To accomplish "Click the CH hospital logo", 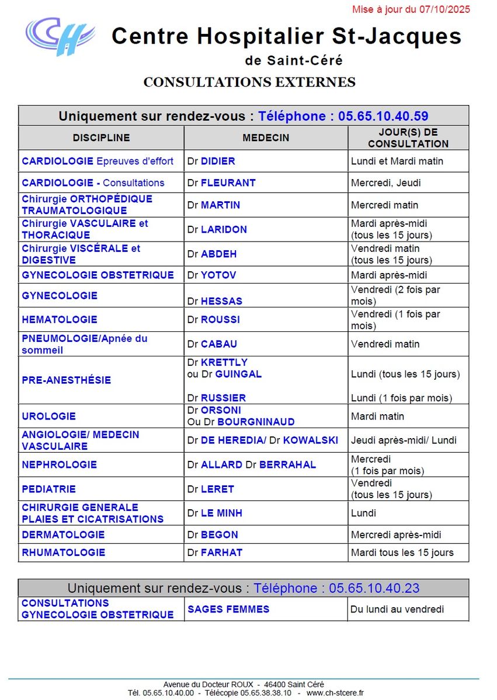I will click(x=60, y=36).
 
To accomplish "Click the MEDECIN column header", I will click(x=266, y=138).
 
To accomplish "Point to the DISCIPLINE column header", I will click(x=101, y=138).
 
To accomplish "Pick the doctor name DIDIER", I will click(x=218, y=161).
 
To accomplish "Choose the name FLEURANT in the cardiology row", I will click(x=228, y=183).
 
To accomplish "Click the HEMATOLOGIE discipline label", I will click(x=60, y=320).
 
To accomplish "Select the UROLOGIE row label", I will click(x=49, y=416).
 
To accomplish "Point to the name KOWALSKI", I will click(x=310, y=440).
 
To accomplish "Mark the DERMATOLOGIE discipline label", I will click(x=63, y=535).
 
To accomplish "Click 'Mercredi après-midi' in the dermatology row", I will click(x=396, y=535).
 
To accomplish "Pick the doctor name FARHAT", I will click(x=221, y=552).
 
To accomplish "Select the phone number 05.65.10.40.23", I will click(x=374, y=588).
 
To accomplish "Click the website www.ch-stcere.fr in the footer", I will click(x=335, y=693).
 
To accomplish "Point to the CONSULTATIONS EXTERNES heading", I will click(x=249, y=82).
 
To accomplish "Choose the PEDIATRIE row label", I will click(x=49, y=489).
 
